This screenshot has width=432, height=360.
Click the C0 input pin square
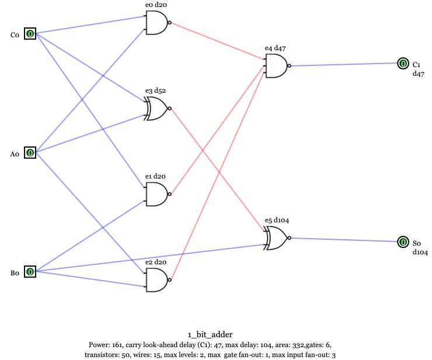click(30, 34)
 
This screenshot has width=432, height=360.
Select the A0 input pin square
click(30, 153)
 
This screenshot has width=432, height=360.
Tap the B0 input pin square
click(30, 271)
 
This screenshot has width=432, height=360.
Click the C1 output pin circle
click(402, 63)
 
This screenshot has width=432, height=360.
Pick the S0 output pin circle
click(402, 241)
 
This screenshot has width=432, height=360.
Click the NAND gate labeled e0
click(156, 23)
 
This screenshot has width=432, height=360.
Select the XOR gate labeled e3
click(157, 109)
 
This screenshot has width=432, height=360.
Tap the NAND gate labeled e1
click(156, 194)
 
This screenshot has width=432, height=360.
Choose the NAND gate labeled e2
click(156, 280)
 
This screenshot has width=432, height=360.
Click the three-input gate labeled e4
click(276, 65)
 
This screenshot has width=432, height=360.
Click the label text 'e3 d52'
click(156, 91)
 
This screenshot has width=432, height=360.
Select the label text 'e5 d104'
click(277, 220)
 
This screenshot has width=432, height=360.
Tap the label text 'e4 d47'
click(275, 48)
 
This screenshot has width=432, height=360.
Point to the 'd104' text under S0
click(421, 252)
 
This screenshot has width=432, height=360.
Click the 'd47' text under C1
click(419, 74)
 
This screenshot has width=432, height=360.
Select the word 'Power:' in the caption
click(99, 345)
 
